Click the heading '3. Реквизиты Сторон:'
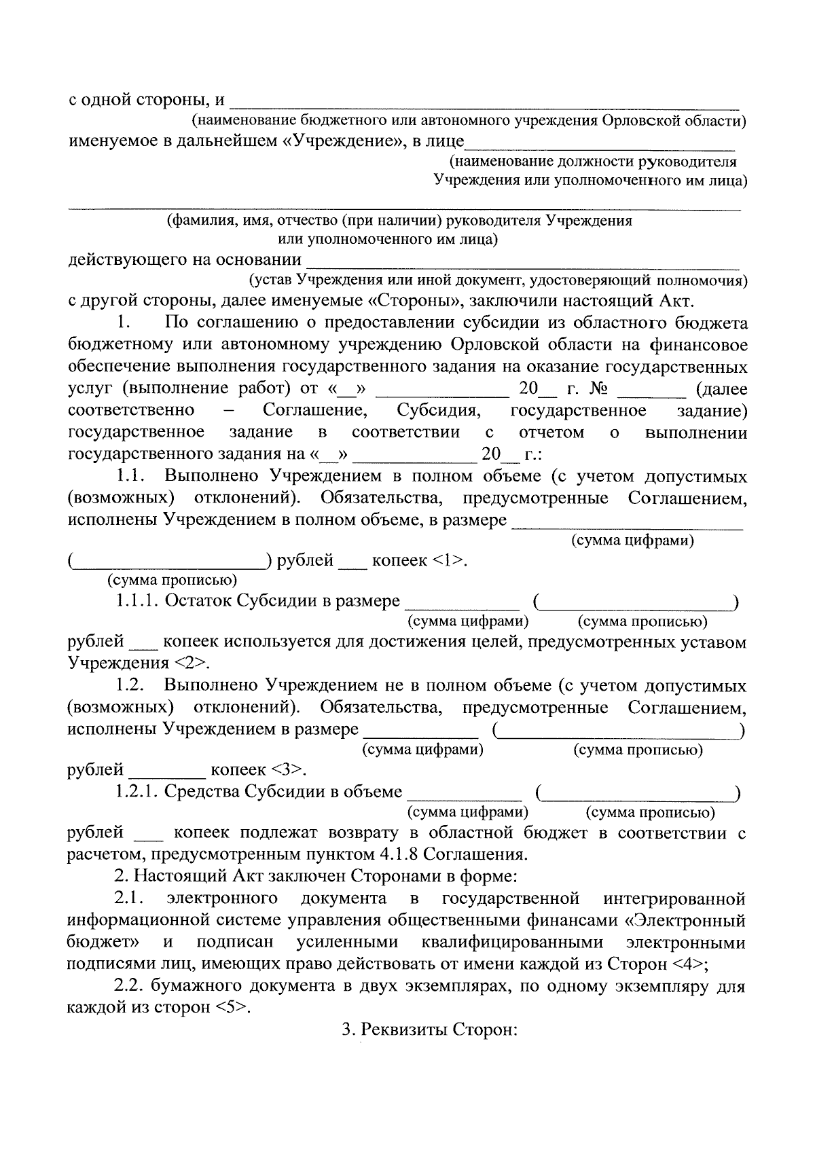coord(430,1030)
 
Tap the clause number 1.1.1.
coord(137,601)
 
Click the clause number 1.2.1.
coord(137,792)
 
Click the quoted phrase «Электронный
coord(685,921)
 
